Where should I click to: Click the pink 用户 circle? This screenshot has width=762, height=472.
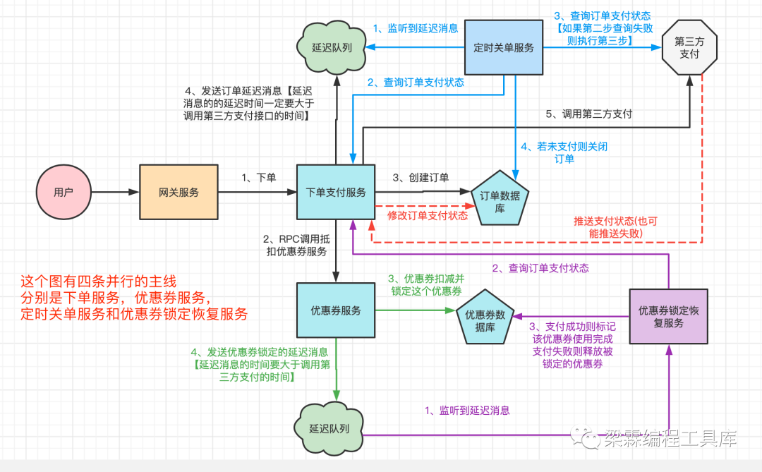[x=64, y=192]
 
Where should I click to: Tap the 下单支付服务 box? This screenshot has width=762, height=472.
[x=336, y=192]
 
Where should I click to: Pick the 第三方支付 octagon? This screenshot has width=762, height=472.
[x=689, y=47]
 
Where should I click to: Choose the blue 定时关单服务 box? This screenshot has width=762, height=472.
[x=504, y=48]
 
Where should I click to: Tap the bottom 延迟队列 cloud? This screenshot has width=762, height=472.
[x=329, y=428]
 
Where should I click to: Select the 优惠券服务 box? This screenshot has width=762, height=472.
[x=336, y=310]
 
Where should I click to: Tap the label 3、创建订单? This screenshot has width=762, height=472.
[x=421, y=177]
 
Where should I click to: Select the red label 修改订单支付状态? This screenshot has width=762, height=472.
[x=428, y=215]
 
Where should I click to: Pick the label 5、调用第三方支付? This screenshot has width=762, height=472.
[x=589, y=113]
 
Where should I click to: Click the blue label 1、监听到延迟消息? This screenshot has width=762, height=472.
[x=416, y=28]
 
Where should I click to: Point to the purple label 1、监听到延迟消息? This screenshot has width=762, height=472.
[x=466, y=410]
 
